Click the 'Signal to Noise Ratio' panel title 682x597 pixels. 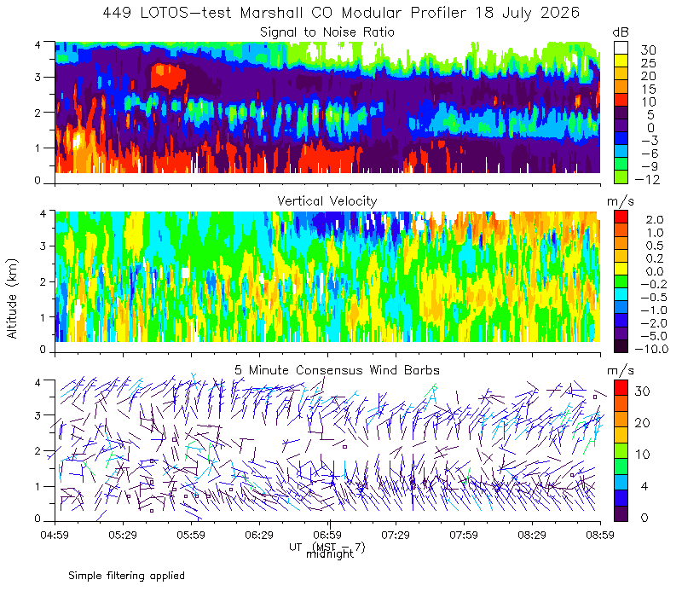(327, 32)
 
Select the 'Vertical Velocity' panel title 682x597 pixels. (327, 201)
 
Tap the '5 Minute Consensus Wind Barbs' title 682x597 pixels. (337, 370)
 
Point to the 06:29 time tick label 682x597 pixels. (259, 535)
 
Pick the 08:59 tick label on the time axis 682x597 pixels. (600, 535)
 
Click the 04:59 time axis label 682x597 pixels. (55, 535)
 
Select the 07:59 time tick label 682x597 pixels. (464, 535)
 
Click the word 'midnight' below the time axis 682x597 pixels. (330, 554)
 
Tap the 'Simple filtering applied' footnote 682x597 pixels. (126, 576)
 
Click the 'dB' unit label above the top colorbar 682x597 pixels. (621, 32)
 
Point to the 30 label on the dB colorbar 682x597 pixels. (648, 50)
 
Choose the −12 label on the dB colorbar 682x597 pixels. (647, 179)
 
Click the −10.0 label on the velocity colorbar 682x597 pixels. (651, 349)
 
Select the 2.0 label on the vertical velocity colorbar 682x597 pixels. (654, 220)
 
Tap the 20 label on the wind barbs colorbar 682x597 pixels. (643, 422)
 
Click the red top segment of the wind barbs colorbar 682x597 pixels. (621, 388)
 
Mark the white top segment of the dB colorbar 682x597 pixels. (621, 48)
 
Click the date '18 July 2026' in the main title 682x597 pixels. (527, 13)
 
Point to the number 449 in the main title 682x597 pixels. (117, 13)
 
